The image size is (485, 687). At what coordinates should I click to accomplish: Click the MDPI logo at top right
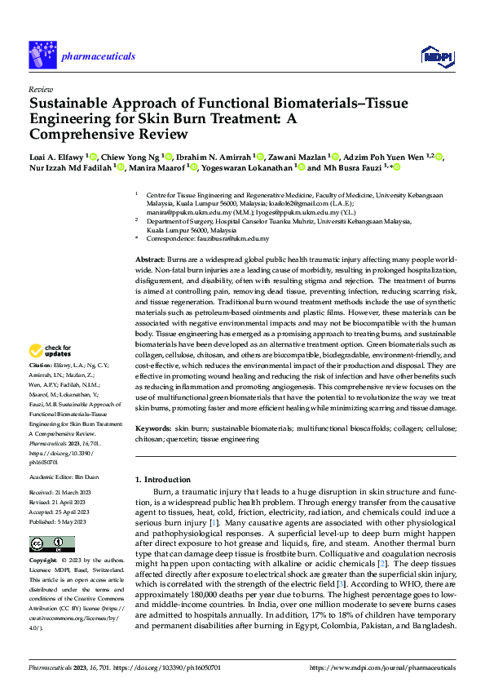[x=438, y=55]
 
